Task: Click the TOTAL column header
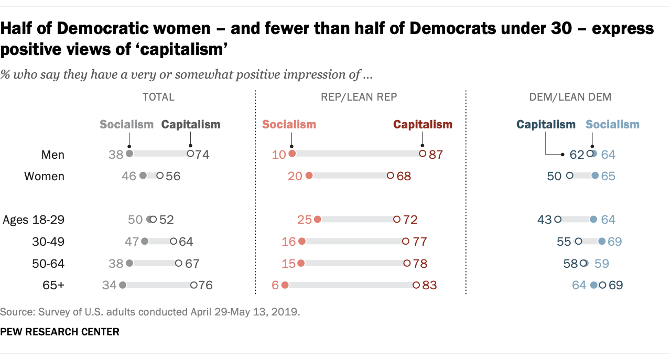click(158, 97)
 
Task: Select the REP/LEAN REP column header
click(360, 97)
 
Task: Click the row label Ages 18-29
click(34, 220)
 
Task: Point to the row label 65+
click(53, 286)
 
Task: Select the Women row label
click(45, 176)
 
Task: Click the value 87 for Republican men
click(436, 155)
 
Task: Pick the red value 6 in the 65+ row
click(274, 286)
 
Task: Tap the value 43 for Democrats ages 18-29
click(544, 220)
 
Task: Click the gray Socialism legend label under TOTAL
click(126, 125)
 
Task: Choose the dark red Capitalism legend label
click(423, 125)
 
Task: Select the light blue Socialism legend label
click(612, 125)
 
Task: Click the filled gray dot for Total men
click(129, 154)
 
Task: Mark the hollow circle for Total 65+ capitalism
click(193, 285)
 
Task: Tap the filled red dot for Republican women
click(309, 176)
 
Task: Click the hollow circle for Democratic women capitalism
click(569, 176)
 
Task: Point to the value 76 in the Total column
click(205, 286)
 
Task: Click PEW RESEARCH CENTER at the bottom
click(60, 332)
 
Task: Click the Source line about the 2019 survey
click(150, 312)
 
